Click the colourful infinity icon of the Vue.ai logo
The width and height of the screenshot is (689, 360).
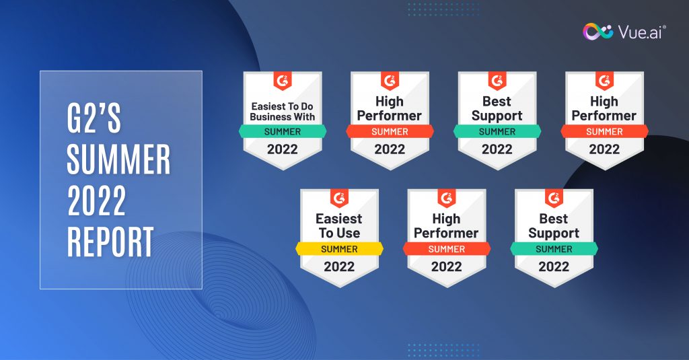[597, 32]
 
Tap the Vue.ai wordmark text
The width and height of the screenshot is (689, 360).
[640, 32]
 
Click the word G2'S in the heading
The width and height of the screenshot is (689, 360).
[94, 118]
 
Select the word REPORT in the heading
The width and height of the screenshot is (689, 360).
[110, 242]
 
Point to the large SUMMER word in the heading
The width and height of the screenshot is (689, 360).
[118, 159]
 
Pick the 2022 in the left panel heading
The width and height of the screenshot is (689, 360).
[97, 201]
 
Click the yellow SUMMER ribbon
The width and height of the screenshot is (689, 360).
[339, 249]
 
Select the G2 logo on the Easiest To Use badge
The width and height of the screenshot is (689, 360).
[339, 199]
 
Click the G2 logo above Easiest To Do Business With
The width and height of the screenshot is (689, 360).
[283, 81]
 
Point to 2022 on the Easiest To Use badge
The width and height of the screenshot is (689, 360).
[339, 266]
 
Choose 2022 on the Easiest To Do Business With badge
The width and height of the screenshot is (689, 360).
[283, 149]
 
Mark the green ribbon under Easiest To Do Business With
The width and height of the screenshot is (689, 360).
[283, 131]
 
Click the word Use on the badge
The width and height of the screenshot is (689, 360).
[349, 233]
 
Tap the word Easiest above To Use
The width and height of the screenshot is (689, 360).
[339, 219]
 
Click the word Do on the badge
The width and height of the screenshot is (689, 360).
[307, 106]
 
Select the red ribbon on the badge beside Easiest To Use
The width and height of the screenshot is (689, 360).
[447, 249]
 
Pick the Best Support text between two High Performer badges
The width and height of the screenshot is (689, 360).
[497, 108]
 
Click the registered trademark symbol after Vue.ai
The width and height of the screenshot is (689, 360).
[664, 27]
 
